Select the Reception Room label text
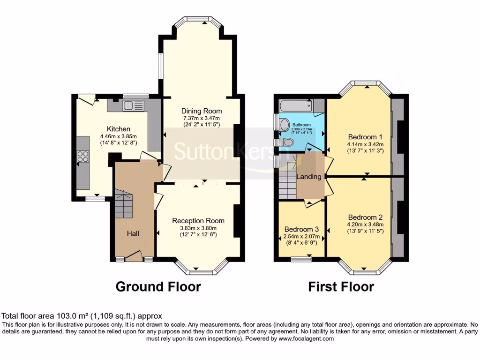coord(198,221)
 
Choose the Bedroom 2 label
coord(365,217)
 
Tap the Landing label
coord(309,177)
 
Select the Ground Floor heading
coord(158,286)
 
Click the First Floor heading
coord(341,286)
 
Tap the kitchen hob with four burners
coord(83,156)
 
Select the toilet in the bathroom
coord(287,142)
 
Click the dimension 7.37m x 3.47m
coord(202,118)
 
